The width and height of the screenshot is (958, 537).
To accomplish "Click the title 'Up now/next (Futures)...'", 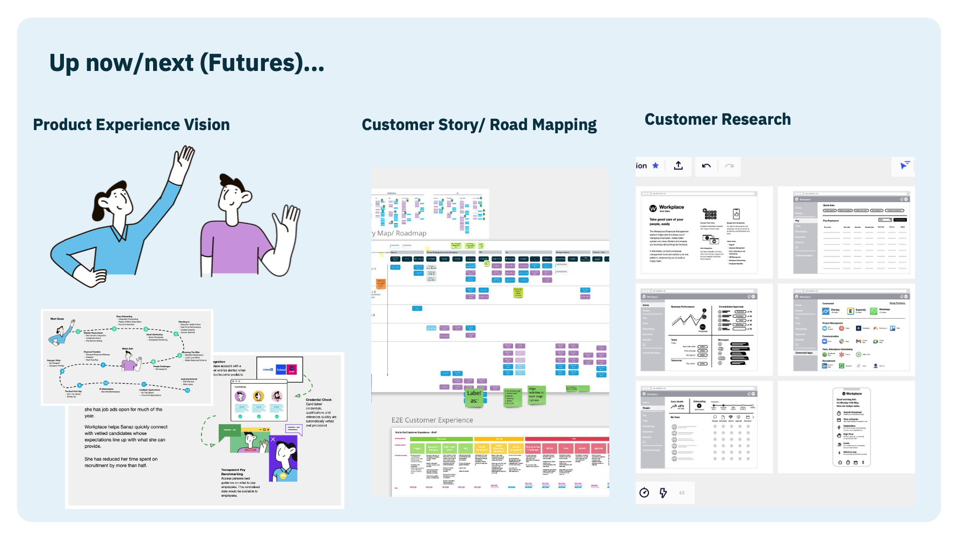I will (x=186, y=63).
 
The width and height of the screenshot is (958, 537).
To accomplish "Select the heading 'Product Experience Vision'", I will (x=131, y=125).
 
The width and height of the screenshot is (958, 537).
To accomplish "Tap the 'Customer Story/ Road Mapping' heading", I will (x=479, y=125).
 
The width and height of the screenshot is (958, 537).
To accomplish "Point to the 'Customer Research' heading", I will (x=717, y=119).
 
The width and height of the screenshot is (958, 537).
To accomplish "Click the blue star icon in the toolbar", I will (x=656, y=166).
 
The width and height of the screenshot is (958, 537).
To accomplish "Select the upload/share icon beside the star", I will (x=679, y=166).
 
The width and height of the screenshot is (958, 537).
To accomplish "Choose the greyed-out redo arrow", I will (x=729, y=166).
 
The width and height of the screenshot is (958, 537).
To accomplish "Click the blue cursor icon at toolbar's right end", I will (x=905, y=165).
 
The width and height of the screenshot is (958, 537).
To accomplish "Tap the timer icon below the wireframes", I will (x=644, y=493).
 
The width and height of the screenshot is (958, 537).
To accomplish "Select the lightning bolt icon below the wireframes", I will (x=663, y=493).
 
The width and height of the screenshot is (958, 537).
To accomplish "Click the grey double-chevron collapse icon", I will (x=682, y=493).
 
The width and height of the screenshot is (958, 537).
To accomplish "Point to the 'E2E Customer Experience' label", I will (x=432, y=420).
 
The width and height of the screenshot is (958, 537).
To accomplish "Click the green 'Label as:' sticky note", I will (x=473, y=397).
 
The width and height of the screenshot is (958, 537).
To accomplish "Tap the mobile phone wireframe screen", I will (x=851, y=427).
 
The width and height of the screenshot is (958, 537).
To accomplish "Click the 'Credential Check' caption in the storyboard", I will (x=319, y=400).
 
